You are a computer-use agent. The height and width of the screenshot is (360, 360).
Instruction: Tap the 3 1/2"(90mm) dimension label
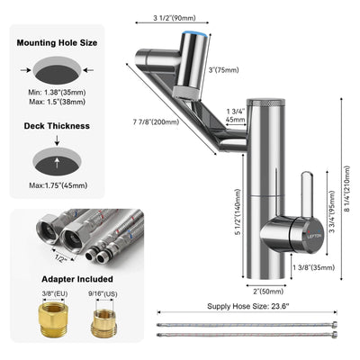[174, 18]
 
